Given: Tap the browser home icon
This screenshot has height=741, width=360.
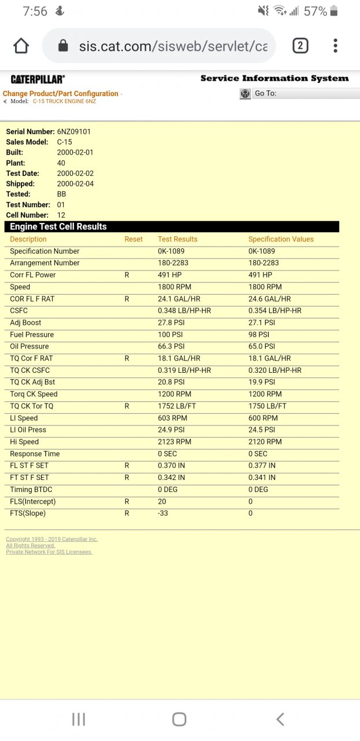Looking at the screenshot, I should [21, 46].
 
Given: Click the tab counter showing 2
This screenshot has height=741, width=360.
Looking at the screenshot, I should [300, 46].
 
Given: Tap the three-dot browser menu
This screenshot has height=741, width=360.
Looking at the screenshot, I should [336, 46].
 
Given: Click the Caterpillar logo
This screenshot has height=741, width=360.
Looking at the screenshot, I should [38, 79].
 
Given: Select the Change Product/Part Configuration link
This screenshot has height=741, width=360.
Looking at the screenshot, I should [61, 94].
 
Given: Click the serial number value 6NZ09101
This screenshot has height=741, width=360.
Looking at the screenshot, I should [74, 131].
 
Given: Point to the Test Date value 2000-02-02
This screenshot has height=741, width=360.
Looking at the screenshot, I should [75, 173].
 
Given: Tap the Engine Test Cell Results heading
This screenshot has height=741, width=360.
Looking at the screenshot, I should [58, 227].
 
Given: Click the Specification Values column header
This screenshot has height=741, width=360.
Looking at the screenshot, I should [281, 239].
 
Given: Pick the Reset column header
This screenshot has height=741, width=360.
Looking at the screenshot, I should [134, 239].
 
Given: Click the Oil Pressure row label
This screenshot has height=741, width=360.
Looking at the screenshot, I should [29, 346].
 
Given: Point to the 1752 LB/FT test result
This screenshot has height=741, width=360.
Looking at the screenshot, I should [177, 406].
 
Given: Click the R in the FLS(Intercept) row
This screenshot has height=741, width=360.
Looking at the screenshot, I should [127, 501].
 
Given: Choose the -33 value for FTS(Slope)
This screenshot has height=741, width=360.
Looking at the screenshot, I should [163, 513].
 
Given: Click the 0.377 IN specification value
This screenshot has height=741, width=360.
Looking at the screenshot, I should [262, 465].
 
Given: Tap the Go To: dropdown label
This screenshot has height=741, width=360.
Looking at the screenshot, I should [266, 93].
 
